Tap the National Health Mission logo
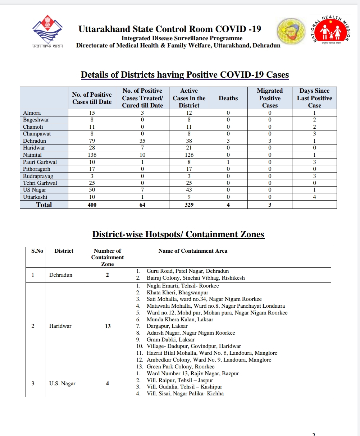pos(332,30)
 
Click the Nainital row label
pos(32,155)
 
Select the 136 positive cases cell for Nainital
pos(92,155)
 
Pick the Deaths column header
pos(228,98)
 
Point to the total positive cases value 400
pos(92,205)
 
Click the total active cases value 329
pos(189,205)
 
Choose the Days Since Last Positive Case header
pos(314,98)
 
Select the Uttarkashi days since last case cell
pos(314,197)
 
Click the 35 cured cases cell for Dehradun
pos(142,141)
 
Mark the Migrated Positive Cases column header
pos(270,98)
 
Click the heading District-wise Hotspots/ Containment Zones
pos(178,234)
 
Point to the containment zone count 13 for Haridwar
pos(108,326)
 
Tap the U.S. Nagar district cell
pos(63,384)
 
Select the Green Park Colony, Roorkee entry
pos(181,367)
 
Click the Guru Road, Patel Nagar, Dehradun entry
pos(188,271)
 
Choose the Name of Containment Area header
pos(193,251)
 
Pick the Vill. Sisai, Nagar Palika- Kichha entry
pos(185,394)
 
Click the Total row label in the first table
pos(44,205)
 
